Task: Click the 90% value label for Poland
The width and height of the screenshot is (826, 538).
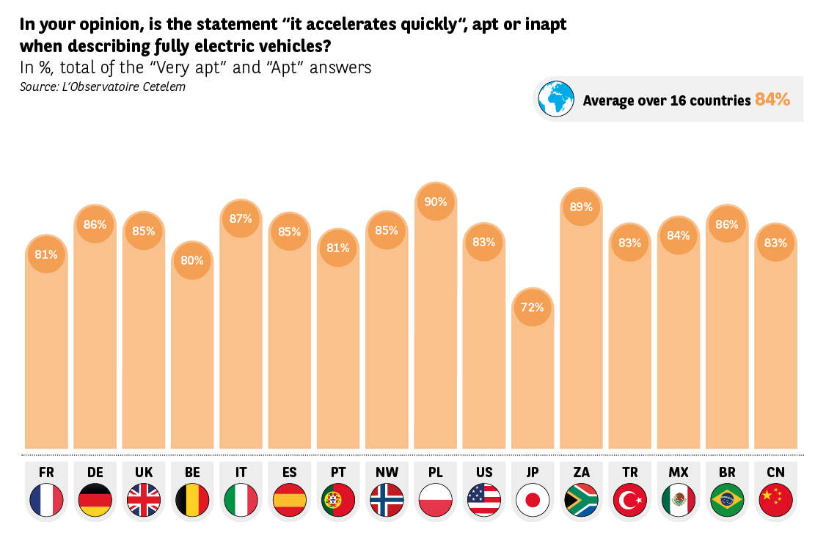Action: pyautogui.click(x=436, y=202)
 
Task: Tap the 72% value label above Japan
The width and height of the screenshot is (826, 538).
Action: pyautogui.click(x=533, y=307)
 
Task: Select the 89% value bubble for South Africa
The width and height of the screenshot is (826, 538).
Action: pyautogui.click(x=581, y=207)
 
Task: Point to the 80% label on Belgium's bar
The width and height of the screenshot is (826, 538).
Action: pyautogui.click(x=192, y=260)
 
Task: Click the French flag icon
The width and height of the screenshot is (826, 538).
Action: pyautogui.click(x=46, y=501)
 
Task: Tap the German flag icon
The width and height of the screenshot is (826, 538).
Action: pyautogui.click(x=95, y=501)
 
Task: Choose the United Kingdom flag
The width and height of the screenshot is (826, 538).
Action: pyautogui.click(x=144, y=501)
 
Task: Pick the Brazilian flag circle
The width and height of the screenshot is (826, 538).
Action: pyautogui.click(x=727, y=501)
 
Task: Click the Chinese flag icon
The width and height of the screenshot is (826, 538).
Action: pyautogui.click(x=775, y=501)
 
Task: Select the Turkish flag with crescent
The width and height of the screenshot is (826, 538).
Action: pyautogui.click(x=629, y=501)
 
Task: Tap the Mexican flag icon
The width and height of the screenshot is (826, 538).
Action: pyautogui.click(x=679, y=501)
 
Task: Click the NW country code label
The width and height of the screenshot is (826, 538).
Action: pyautogui.click(x=387, y=472)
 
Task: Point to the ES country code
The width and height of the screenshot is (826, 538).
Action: pyautogui.click(x=289, y=472)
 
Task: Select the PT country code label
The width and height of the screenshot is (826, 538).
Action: pyautogui.click(x=338, y=472)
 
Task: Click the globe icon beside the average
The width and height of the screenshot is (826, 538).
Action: pyautogui.click(x=556, y=99)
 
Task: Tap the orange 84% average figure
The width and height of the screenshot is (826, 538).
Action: pyautogui.click(x=772, y=100)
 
